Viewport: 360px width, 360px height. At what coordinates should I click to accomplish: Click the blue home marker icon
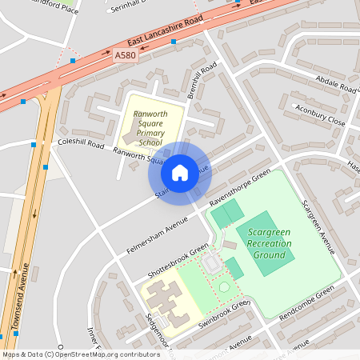(x=180, y=172)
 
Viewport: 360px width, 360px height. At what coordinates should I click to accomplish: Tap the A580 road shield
(x=126, y=55)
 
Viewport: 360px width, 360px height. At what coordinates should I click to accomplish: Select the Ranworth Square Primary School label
(x=150, y=128)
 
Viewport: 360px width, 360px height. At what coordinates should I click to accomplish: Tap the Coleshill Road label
(x=81, y=145)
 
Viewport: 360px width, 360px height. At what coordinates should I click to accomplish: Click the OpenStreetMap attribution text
(x=81, y=354)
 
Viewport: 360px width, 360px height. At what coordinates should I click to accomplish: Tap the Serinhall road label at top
(x=131, y=5)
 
